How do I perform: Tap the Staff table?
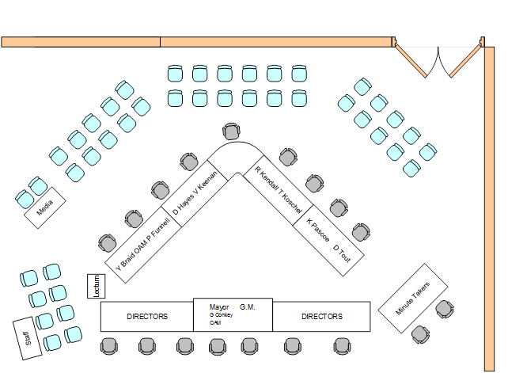tap(29, 339)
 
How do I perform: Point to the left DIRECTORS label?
tap(147, 317)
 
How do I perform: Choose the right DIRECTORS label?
tap(322, 317)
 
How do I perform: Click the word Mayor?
tap(219, 306)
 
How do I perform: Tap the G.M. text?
tap(247, 306)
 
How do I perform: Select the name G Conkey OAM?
tap(220, 318)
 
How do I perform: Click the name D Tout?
tap(342, 254)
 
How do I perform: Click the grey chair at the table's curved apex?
tap(231, 132)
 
